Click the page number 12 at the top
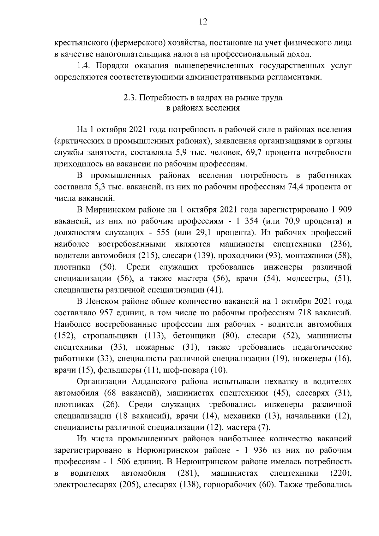coord(203,22)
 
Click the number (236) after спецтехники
coord(340,244)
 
